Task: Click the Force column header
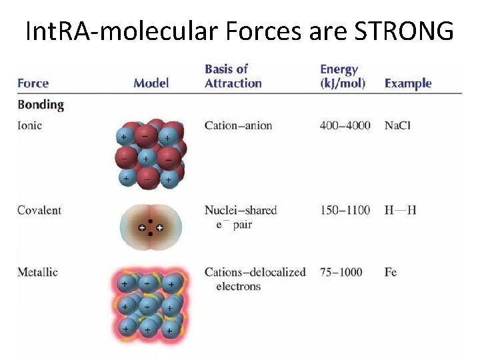[x=33, y=83]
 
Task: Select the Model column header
[x=151, y=83]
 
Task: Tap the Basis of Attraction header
[x=233, y=76]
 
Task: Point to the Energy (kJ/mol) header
[x=343, y=76]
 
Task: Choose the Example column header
[x=408, y=83]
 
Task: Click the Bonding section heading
[x=41, y=105]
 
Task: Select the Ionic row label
[x=30, y=125]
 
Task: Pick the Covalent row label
[x=39, y=210]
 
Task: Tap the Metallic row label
[x=38, y=272]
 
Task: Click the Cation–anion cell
[x=239, y=125]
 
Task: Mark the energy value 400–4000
[x=345, y=125]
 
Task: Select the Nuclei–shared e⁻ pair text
[x=240, y=217]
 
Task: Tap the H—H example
[x=401, y=210]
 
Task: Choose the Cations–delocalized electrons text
[x=255, y=279]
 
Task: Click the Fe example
[x=391, y=272]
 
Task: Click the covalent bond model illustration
[x=151, y=227]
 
